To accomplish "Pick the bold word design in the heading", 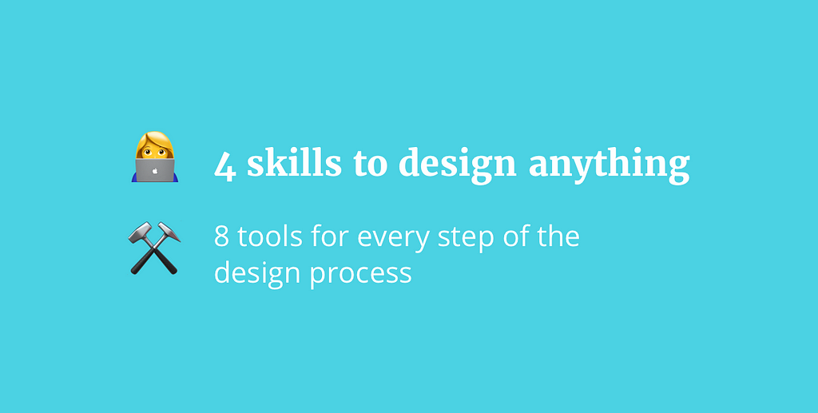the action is coord(458,165).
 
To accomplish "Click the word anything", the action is coord(610,165).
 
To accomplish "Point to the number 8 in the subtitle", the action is coord(222,237).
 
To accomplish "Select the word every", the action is coord(393,240).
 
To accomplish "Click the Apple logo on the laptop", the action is coord(155,170).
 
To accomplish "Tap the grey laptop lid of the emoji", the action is coord(155,170).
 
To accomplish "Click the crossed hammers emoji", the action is coord(154,248).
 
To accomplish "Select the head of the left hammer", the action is coord(140,232).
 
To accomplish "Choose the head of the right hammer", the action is coord(169,232).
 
